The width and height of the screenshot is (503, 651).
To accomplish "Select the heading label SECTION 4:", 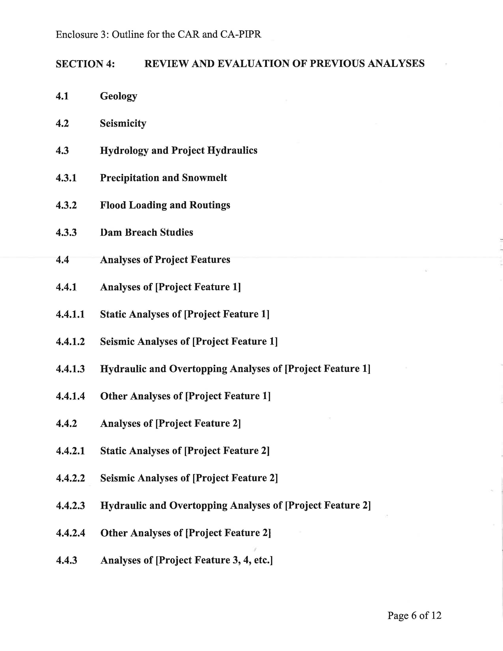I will coord(85,64).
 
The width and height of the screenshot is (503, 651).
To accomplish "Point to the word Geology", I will coord(119,96).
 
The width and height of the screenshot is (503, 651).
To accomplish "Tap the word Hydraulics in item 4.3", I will coord(232,151).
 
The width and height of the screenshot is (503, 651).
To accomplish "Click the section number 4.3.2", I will coord(66,205).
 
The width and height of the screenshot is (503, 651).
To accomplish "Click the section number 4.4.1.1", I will coord(70,314).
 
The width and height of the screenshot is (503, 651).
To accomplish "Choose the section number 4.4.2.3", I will coord(71,506).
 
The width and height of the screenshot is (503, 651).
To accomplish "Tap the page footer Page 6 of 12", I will coord(414,615).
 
